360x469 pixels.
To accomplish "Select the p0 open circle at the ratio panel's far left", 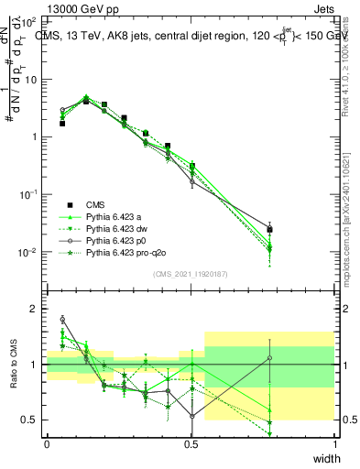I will (x=62, y=319).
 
